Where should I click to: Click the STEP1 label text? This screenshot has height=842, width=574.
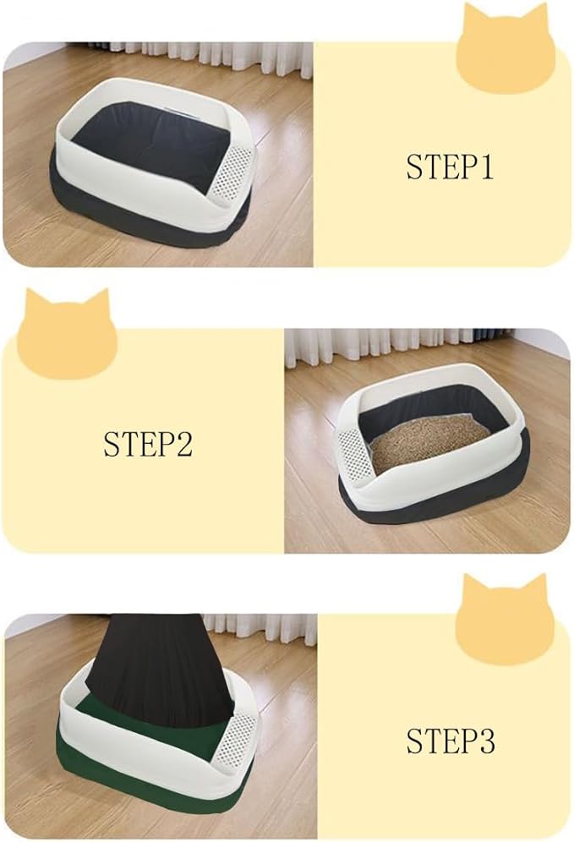[449, 167]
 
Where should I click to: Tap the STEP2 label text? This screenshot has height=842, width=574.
[148, 444]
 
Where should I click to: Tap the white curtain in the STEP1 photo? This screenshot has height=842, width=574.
[211, 52]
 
